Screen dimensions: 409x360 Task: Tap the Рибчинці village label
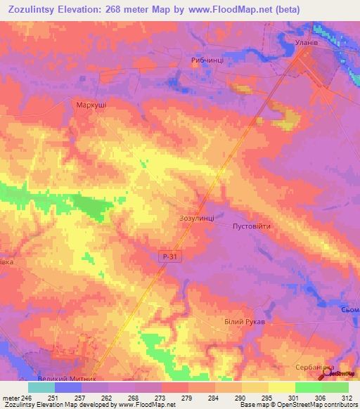(207, 60)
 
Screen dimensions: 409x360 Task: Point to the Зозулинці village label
(198, 219)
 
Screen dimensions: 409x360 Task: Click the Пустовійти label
(251, 226)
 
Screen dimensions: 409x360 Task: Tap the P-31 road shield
(170, 258)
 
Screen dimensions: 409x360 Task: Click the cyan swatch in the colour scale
(41, 387)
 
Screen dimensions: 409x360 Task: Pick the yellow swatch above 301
(281, 387)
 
